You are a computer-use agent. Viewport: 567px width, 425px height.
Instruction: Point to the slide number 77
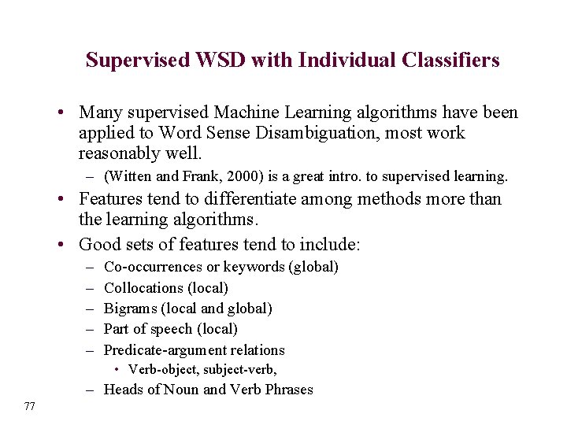click(30, 406)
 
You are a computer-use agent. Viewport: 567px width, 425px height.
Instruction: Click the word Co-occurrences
click(154, 267)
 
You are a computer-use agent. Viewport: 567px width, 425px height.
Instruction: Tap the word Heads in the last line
click(124, 390)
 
